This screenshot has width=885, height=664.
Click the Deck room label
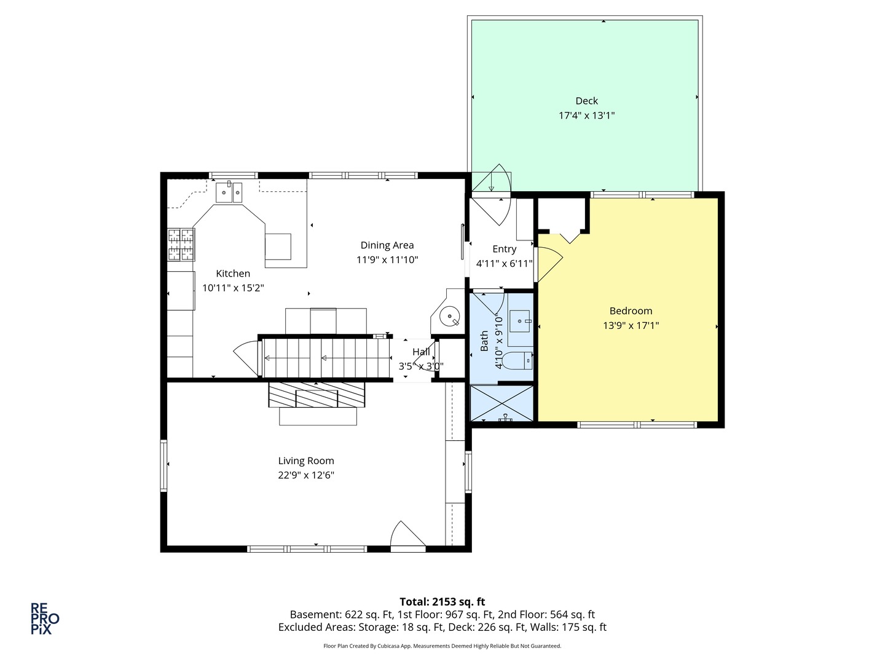pos(586,101)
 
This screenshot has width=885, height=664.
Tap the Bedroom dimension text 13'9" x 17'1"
pos(631,326)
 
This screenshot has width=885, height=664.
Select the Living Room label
pos(305,460)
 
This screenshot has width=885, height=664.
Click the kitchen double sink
pos(229,192)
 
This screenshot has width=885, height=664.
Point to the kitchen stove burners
pos(181,244)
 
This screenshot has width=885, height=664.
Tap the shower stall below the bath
pos(502,403)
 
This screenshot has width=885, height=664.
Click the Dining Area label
pos(387,245)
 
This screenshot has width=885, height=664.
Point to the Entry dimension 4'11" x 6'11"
pos(504,264)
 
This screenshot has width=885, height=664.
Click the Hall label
pos(421,352)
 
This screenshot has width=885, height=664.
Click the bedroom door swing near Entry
pos(548,264)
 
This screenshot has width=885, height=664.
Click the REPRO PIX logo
pos(45,619)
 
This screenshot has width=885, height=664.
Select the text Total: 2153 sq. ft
pos(442,602)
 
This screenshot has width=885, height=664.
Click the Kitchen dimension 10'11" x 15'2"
pos(233,288)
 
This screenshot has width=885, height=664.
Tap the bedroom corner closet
pos(562,216)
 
